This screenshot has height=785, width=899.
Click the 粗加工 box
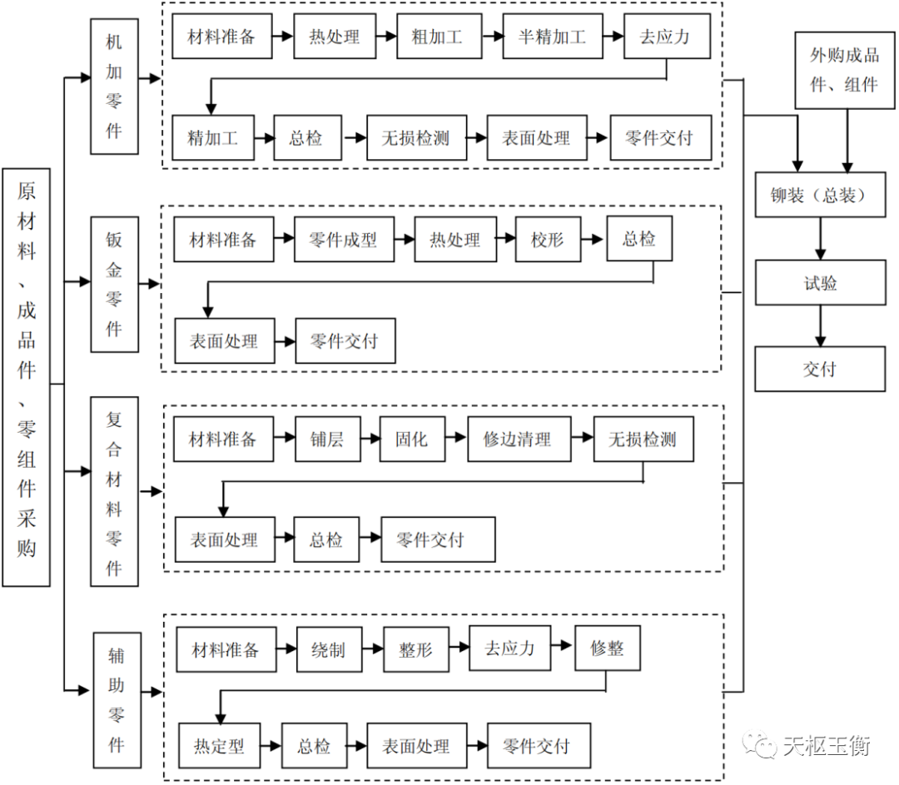(x=436, y=37)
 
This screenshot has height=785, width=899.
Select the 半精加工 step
(x=552, y=37)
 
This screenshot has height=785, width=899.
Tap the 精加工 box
(x=212, y=138)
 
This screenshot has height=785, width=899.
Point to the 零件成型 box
(x=342, y=241)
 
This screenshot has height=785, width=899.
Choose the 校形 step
(x=547, y=241)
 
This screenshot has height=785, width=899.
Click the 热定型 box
(x=219, y=746)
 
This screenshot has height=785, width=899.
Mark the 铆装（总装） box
(x=819, y=196)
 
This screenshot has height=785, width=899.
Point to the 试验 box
(x=819, y=283)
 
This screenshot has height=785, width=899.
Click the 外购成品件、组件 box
(x=844, y=70)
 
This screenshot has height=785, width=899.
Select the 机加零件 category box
(x=114, y=87)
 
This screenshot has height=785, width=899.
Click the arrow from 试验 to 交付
(x=820, y=326)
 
